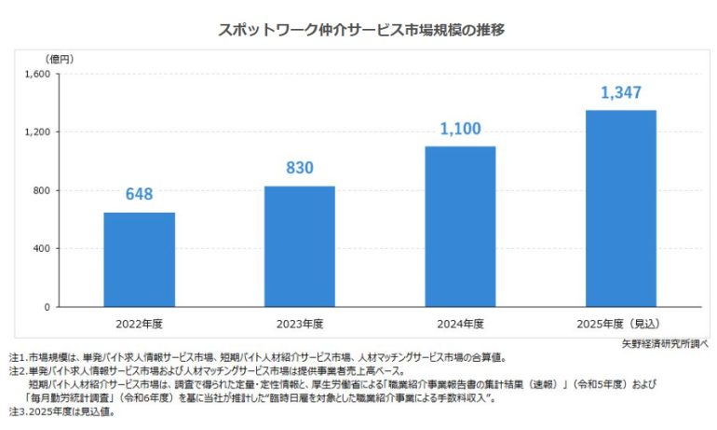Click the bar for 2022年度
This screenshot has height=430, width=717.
click(139, 259)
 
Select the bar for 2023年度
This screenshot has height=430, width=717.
click(299, 246)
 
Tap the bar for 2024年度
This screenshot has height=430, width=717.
click(460, 227)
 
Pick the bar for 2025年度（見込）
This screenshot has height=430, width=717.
click(620, 209)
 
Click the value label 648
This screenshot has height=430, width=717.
click(139, 195)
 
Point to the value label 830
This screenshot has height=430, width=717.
click(299, 169)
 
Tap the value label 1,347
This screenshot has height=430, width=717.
click(620, 93)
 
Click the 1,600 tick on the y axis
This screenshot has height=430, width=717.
click(37, 74)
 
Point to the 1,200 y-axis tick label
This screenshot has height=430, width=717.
click(37, 132)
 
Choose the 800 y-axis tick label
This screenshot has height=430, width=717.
click(42, 190)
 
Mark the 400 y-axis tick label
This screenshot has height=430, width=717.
click(42, 249)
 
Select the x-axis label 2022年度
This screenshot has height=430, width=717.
click(139, 324)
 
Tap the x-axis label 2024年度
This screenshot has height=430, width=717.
click(460, 324)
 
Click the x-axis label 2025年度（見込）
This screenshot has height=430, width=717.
click(620, 324)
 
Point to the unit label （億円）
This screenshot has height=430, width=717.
click(60, 59)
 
